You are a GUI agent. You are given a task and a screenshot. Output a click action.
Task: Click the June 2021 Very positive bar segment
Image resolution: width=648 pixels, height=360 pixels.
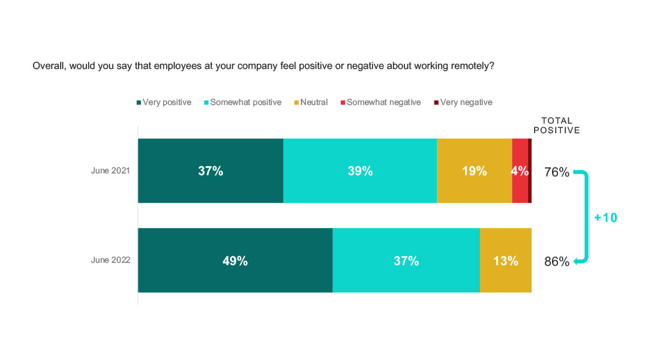211,171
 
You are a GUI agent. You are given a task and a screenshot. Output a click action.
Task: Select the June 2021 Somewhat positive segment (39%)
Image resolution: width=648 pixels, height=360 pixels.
360,171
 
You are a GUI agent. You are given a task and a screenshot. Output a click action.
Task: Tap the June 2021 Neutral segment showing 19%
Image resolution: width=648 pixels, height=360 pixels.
474,171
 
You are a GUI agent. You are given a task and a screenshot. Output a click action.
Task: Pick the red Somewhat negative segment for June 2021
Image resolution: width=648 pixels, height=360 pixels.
520,171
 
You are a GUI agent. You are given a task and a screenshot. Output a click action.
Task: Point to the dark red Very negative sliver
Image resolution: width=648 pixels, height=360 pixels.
530,171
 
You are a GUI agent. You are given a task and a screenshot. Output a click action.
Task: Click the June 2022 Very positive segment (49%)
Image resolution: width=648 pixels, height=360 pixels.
235,260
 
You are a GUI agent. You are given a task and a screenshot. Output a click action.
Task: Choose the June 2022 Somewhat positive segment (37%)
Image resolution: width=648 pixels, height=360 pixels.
406,260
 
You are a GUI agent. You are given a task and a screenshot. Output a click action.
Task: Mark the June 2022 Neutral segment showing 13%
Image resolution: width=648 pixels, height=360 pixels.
506,260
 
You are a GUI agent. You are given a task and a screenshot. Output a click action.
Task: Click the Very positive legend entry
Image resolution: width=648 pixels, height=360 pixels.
164,103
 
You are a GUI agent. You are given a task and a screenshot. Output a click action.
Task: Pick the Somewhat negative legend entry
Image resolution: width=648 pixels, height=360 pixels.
380,103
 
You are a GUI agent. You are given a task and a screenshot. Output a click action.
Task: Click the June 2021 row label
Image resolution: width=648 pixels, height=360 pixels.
110,171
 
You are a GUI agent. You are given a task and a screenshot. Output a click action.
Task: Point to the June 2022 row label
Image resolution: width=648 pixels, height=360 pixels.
110,260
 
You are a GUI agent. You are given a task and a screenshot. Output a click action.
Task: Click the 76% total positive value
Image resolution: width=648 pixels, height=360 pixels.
557,172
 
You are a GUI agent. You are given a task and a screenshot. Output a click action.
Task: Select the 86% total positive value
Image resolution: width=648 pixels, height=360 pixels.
557,262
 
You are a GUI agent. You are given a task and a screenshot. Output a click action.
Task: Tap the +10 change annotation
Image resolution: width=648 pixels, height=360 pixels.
605,218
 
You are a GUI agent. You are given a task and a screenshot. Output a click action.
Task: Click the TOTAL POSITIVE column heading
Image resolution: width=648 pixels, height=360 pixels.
557,125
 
